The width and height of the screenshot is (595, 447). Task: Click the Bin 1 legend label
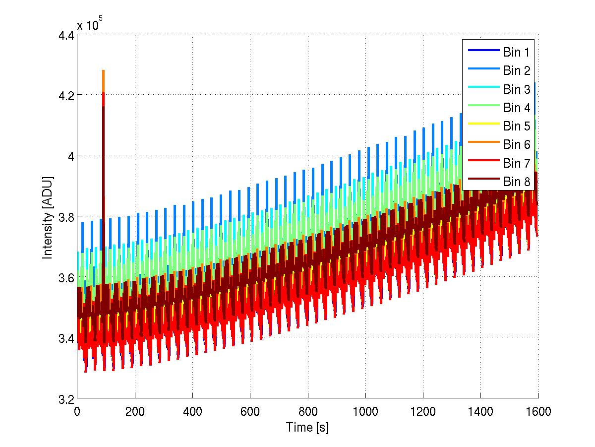517,51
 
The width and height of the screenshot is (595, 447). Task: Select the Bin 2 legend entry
517,70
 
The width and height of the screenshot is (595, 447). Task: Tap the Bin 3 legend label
517,89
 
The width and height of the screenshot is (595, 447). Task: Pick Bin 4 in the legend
517,108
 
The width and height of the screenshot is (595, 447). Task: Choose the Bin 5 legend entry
517,126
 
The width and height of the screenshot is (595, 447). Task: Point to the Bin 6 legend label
517,144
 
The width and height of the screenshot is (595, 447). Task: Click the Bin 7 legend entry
517,163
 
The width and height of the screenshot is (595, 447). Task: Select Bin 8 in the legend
517,182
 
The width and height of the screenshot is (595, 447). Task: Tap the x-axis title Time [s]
307,427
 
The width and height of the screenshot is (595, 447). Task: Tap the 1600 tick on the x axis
537,411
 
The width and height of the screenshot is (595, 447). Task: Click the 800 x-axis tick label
307,411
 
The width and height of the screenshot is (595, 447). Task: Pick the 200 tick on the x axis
134,411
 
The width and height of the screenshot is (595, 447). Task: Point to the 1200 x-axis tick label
422,411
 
